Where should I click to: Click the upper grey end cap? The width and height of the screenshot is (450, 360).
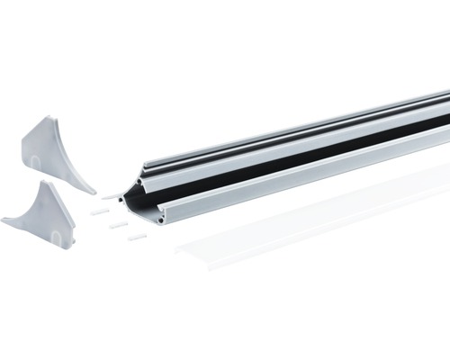tap(54, 153)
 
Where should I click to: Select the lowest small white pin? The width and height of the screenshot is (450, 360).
tap(136, 238)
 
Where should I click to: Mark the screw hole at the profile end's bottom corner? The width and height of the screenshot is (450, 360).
tap(161, 216)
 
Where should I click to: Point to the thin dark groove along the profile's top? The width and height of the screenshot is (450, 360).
tap(297, 127)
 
